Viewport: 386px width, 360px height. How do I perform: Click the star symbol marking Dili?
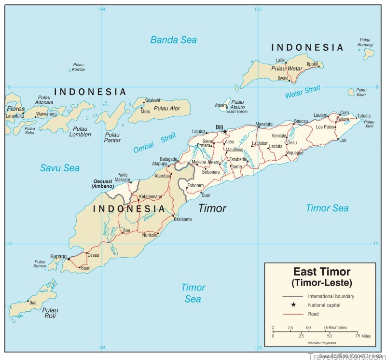(x=225, y=131)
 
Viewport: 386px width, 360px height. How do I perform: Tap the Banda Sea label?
(x=173, y=40)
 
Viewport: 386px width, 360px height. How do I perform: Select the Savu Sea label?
(x=60, y=168)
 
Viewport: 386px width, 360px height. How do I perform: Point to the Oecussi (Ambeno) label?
(x=103, y=184)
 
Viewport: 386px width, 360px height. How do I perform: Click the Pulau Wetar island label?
(x=287, y=69)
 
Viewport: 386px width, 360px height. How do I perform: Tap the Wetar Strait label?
(x=303, y=92)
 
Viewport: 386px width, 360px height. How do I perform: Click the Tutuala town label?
(x=364, y=116)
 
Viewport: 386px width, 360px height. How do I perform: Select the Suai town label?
(x=206, y=195)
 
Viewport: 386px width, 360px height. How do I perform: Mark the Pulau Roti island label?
(x=49, y=313)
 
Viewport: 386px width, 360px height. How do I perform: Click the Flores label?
(x=15, y=109)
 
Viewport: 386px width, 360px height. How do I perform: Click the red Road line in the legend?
(x=292, y=314)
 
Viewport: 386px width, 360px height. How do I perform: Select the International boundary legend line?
(x=292, y=296)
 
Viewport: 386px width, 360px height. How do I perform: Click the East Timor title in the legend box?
(x=322, y=272)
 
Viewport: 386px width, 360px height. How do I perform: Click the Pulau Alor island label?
(x=167, y=109)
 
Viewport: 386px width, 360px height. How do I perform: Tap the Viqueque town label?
(x=294, y=153)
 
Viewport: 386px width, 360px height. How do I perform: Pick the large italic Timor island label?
(x=212, y=208)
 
